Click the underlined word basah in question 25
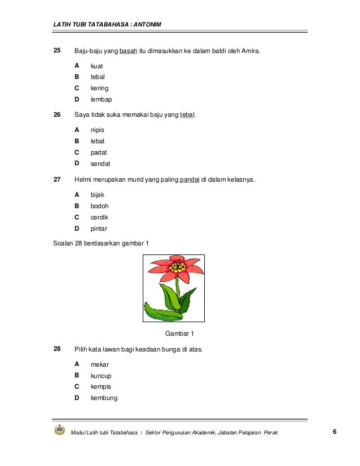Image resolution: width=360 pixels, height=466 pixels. point(129,51)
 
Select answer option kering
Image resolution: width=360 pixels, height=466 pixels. point(99,88)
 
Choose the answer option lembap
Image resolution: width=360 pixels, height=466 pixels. point(101,99)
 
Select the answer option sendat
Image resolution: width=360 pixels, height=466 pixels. point(100,164)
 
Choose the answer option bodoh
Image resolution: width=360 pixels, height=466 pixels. point(100,206)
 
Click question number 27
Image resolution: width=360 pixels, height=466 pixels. point(56,180)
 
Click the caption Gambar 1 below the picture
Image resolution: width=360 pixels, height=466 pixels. point(179,333)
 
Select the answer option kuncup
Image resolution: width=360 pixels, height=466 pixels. point(101,375)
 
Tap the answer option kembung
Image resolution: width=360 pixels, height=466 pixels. point(104,398)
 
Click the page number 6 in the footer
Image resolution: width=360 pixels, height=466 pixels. point(335,432)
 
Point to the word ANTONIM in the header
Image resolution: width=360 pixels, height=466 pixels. point(144,24)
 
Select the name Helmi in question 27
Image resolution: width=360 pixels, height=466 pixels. point(84,180)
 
